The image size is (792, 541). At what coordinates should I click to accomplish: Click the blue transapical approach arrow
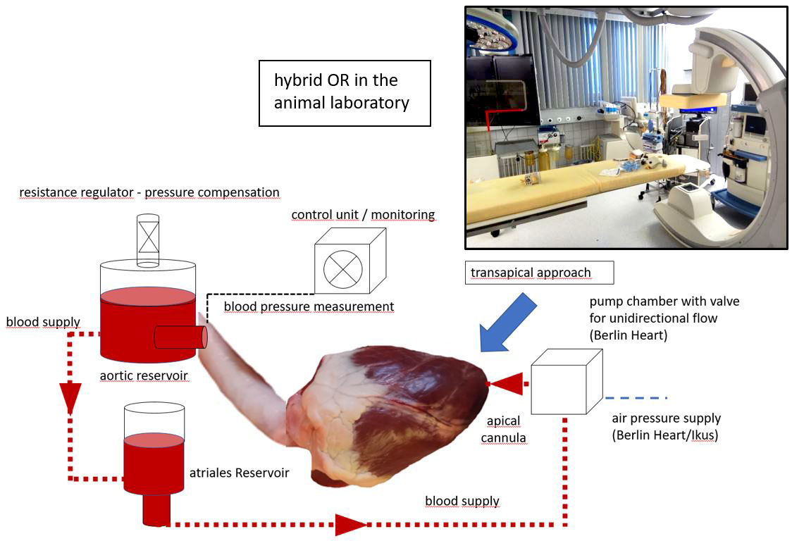click(x=507, y=323)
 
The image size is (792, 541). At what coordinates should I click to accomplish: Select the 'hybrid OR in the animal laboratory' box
click(x=345, y=93)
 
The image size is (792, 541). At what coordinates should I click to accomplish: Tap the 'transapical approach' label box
click(x=540, y=273)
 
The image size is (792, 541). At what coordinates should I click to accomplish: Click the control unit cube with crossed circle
click(x=350, y=261)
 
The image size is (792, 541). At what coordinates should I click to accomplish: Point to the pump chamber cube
click(x=567, y=382)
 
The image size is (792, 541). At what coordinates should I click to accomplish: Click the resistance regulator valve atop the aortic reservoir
click(x=148, y=240)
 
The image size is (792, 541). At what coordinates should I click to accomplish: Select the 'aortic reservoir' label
click(x=144, y=376)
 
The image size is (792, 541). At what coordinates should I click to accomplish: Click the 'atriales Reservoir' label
click(x=240, y=473)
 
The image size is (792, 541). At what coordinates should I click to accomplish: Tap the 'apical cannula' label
click(x=504, y=429)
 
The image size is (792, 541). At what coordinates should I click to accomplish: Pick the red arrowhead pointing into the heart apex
click(x=506, y=384)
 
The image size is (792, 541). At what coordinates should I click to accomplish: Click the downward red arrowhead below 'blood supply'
click(x=70, y=397)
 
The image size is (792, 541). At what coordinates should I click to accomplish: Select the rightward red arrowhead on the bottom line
click(x=351, y=525)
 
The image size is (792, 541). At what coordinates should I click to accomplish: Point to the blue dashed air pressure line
click(x=636, y=398)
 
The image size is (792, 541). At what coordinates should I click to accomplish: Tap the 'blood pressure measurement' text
click(x=309, y=306)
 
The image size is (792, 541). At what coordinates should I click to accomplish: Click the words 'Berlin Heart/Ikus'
click(x=664, y=435)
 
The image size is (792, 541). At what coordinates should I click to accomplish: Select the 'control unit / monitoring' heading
click(x=363, y=215)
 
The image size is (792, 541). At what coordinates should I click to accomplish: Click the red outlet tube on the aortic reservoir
click(x=180, y=337)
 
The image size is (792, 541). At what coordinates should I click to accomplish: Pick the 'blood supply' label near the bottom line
click(x=462, y=501)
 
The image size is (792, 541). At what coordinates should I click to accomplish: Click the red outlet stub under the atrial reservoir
click(x=156, y=509)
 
